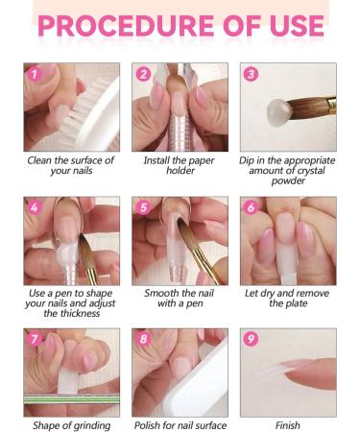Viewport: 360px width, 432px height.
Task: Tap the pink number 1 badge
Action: [x=35, y=75]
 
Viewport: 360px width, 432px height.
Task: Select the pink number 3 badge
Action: [x=251, y=74]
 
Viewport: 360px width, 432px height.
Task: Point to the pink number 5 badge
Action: [x=143, y=207]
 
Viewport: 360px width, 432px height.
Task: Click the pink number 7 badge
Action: [x=35, y=339]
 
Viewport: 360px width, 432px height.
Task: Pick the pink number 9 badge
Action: [x=251, y=339]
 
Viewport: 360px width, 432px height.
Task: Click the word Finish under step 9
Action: [x=288, y=425]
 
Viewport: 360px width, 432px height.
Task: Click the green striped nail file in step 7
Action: [x=72, y=399]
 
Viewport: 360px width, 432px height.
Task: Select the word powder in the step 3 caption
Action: [x=288, y=180]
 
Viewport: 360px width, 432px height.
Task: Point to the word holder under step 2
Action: [x=180, y=170]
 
